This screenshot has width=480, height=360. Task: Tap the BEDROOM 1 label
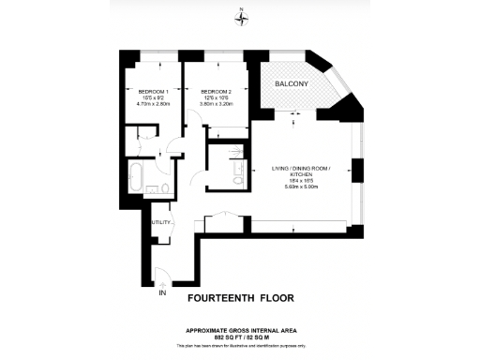tap(141, 91)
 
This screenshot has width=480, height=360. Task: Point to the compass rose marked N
tap(241, 13)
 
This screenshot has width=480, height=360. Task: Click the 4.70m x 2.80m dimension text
tap(141, 106)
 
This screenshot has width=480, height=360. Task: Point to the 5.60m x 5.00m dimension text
tap(301, 187)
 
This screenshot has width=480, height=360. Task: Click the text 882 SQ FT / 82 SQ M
tap(241, 336)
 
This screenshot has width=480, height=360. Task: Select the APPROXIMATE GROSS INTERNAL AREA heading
tap(241, 329)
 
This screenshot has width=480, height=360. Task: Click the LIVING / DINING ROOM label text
tap(301, 168)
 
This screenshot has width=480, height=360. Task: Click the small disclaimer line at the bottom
tap(241, 345)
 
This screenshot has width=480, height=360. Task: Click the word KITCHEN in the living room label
tap(301, 174)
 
